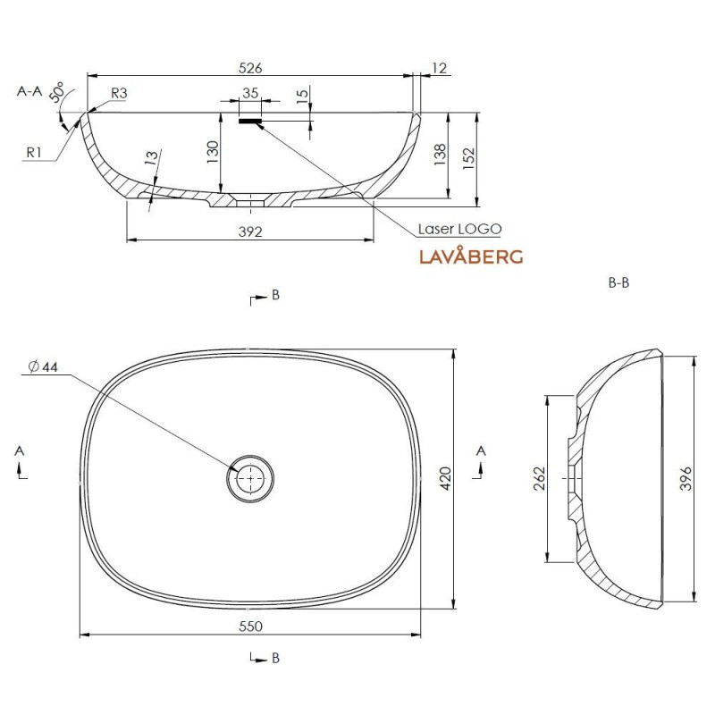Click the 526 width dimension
pos(250,68)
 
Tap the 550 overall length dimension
pos(250,627)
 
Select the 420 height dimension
pos(446,478)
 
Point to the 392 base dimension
pos(250,231)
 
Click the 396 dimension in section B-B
pos(686,478)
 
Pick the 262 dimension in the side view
pos(540,478)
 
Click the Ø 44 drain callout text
pos(43,366)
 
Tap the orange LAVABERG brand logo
pos(471,256)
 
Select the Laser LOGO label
pos(460,229)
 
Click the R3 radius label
pos(119,93)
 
